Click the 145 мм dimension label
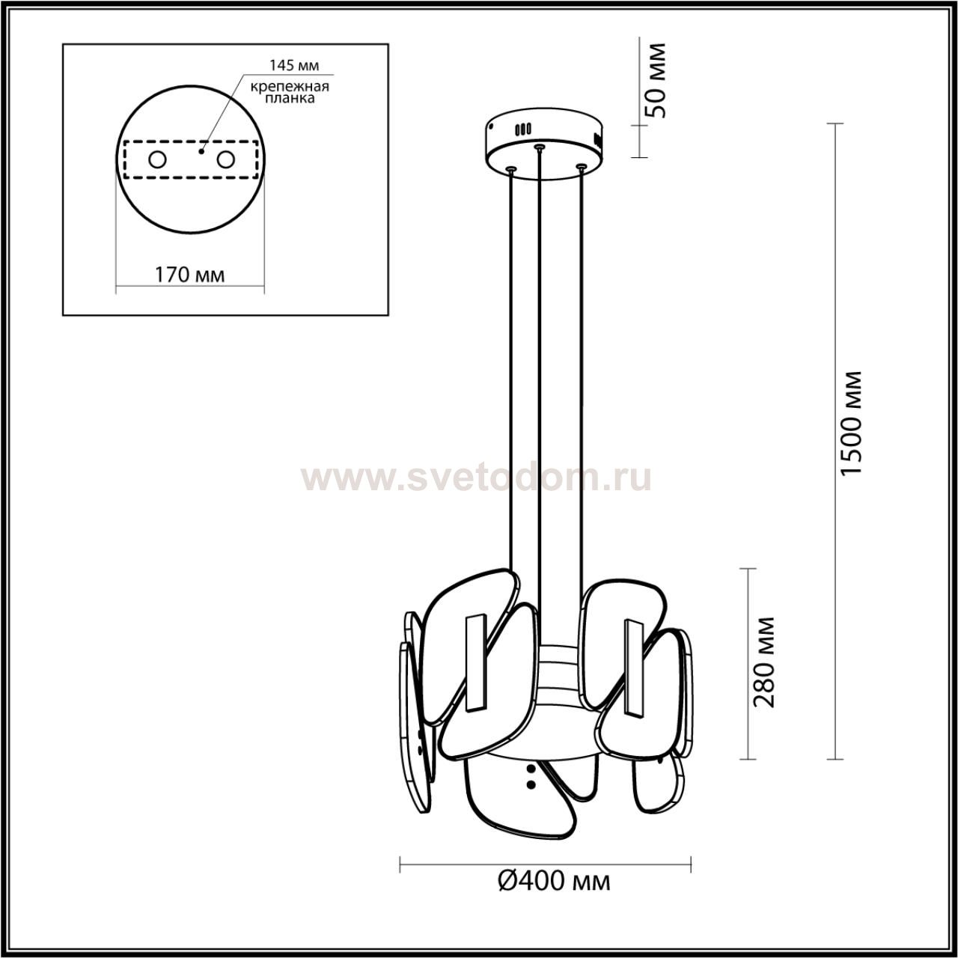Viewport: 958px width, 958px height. [294, 65]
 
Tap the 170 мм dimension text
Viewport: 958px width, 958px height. [190, 275]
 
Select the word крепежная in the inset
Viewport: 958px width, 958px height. [290, 87]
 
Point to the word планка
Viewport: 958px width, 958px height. [290, 99]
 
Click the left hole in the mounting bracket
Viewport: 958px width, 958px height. [158, 160]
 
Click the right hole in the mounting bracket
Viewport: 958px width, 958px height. [225, 160]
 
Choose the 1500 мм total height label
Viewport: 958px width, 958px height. [851, 424]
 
